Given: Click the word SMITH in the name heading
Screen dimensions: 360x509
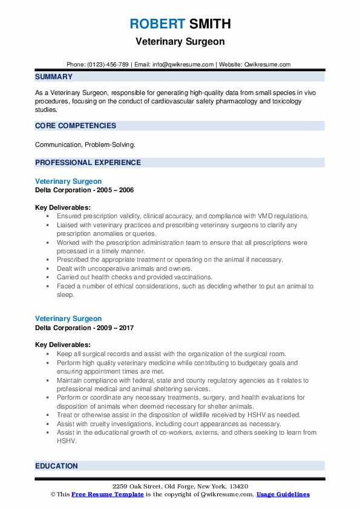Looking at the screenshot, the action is point(209,24).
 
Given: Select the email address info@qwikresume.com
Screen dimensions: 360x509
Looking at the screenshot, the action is point(185,64).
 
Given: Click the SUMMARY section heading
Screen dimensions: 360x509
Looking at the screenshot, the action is point(54,77).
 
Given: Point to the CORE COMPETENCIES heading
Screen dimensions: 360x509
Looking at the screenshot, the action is point(76,126).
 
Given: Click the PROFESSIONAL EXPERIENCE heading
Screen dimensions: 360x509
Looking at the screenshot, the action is point(88,162).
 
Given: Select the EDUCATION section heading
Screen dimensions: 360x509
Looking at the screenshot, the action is point(56,466).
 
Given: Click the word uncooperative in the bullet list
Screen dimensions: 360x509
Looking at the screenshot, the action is point(99,268).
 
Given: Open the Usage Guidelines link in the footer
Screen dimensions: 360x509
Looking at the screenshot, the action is point(283,494).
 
